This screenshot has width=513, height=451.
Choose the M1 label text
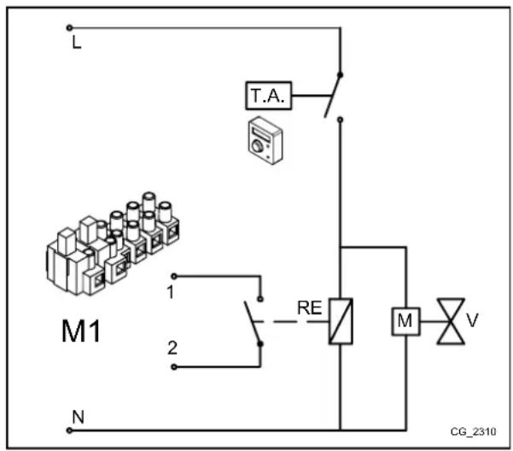(x=80, y=330)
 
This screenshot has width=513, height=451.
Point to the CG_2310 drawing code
(x=475, y=431)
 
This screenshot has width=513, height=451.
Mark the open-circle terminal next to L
(x=67, y=28)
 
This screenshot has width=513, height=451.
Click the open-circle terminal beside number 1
(x=175, y=277)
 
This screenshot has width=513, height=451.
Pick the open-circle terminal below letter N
(x=67, y=429)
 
